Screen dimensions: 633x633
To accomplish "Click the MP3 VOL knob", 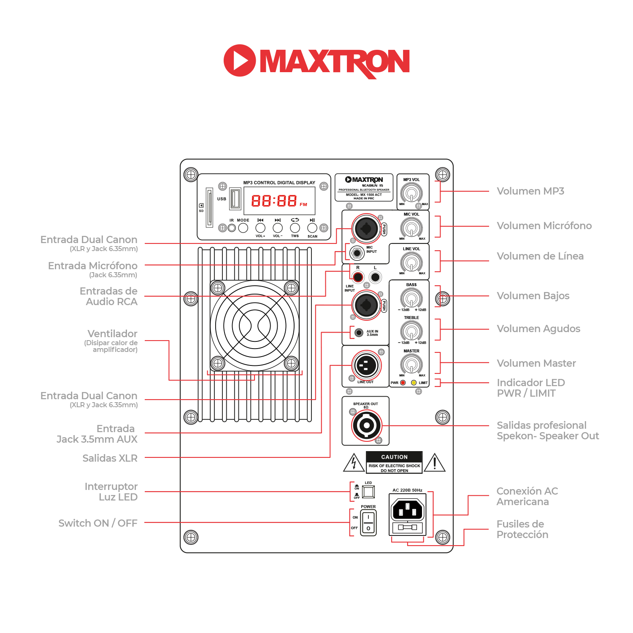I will (x=411, y=194).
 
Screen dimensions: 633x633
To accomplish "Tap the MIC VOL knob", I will (x=411, y=228).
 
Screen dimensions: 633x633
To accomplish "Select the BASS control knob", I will (x=411, y=299).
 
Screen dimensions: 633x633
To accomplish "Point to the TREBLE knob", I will (x=411, y=331).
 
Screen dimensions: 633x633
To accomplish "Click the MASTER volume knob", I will (x=411, y=364).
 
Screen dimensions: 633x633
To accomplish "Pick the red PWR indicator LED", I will (x=403, y=383).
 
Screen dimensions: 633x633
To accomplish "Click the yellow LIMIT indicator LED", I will (x=414, y=383).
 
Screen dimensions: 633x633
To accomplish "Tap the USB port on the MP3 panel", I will (x=235, y=199).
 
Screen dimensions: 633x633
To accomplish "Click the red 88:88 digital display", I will (x=274, y=201).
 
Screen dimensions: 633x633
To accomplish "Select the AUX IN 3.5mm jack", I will (x=359, y=333).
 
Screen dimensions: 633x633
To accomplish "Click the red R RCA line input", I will (x=358, y=277).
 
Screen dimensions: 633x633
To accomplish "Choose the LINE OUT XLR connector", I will (x=366, y=365).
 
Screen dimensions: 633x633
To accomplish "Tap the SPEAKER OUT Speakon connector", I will (x=366, y=425).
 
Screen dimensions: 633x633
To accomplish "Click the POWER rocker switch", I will (x=368, y=522).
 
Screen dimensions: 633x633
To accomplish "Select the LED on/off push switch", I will (x=368, y=492).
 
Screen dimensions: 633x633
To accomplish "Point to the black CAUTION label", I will (x=395, y=457).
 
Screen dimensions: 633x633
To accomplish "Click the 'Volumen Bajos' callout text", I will (x=533, y=296).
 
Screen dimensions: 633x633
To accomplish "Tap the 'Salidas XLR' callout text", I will (x=110, y=458).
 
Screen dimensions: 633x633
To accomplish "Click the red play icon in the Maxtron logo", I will (x=240, y=60).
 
